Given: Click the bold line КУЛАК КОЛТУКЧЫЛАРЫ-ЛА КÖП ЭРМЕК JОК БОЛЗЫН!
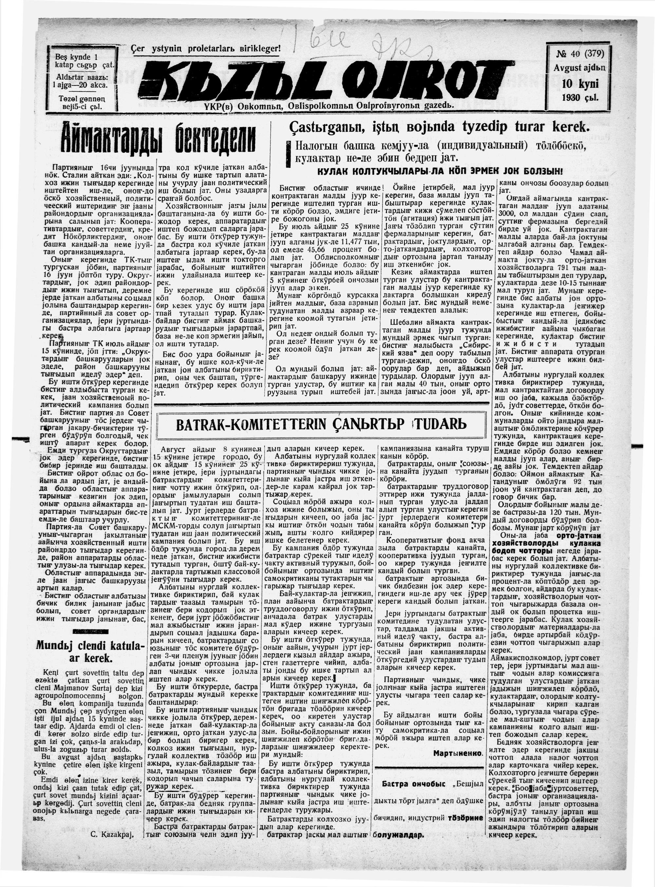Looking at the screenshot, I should (440, 171).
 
